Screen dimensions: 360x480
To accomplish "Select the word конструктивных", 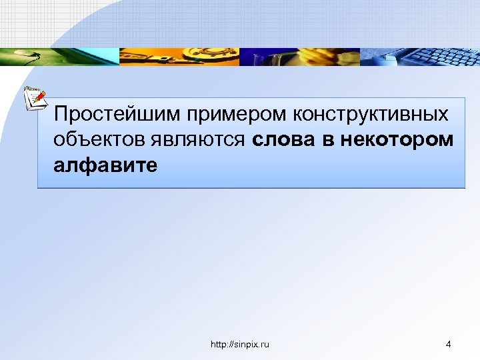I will (x=370, y=114).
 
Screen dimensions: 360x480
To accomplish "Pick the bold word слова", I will (x=285, y=140).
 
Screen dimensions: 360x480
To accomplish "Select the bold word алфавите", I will (x=106, y=165).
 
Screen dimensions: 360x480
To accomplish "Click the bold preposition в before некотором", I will (x=329, y=140).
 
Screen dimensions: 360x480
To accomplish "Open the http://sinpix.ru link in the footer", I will (x=240, y=344).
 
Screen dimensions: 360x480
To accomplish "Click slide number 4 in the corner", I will (x=448, y=344).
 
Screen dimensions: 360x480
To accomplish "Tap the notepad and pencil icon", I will (x=35, y=98).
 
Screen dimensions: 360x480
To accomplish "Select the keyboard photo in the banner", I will (x=420, y=56).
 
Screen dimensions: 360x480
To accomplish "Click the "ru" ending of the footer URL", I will (x=265, y=344).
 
